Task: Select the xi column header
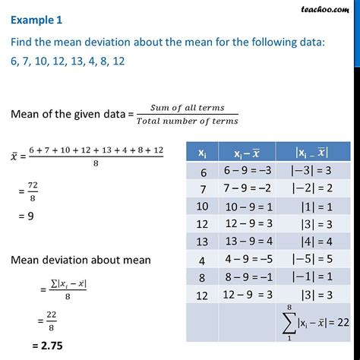tap(201, 152)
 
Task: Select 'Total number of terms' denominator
tap(188, 120)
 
